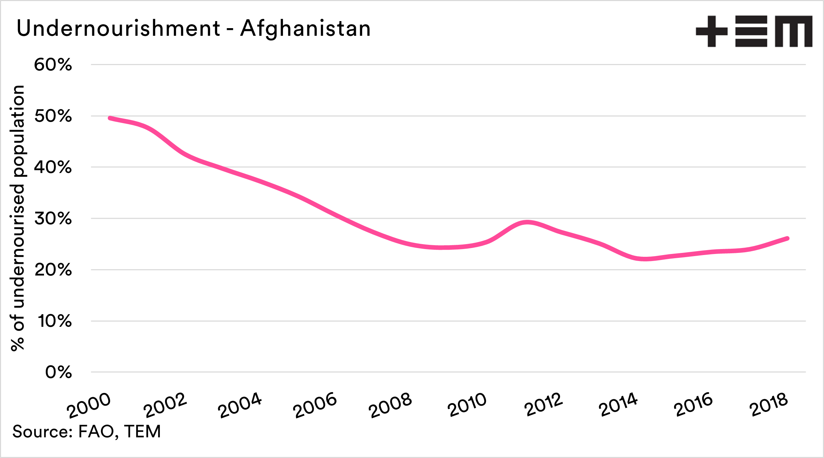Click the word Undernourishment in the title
[118, 28]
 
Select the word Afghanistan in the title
[305, 28]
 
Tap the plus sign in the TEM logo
[711, 31]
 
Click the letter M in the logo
[793, 31]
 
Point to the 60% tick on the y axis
[53, 65]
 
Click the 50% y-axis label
[53, 116]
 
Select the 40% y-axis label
[53, 167]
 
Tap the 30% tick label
[53, 219]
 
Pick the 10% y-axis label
[55, 321]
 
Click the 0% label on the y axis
[58, 372]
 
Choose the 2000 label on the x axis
[89, 405]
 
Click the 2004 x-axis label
[240, 405]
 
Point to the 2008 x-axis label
[390, 405]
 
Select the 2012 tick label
[543, 405]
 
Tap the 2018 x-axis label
[768, 405]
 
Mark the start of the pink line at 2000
[110, 118]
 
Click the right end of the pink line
[787, 238]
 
